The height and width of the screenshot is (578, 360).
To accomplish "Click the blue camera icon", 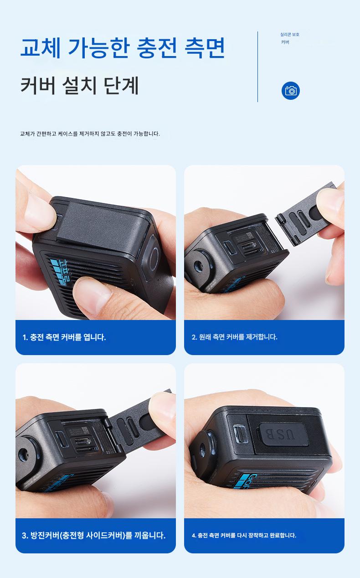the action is click(x=291, y=91).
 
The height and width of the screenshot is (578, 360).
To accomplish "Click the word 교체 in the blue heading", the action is click(x=41, y=48).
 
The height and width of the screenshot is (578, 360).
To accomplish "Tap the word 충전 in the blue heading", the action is click(x=157, y=48).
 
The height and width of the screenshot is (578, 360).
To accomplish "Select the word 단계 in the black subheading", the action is click(x=122, y=85).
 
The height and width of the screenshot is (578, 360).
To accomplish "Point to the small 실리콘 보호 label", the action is click(x=290, y=34).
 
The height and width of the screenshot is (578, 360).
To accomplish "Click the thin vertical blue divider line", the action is click(x=257, y=67).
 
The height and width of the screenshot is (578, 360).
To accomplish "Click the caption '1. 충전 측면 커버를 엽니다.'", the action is click(x=64, y=337).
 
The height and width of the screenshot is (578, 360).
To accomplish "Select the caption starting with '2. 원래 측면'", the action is click(x=234, y=337).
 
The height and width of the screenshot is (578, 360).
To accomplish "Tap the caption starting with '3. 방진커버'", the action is click(x=94, y=535).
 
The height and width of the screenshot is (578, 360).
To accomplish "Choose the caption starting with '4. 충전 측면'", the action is click(x=244, y=536).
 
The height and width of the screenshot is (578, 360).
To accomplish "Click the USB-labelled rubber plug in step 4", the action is click(x=283, y=434).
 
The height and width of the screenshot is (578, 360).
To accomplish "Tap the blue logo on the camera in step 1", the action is click(x=60, y=271).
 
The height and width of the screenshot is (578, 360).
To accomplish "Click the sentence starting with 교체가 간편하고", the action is click(x=90, y=134).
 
